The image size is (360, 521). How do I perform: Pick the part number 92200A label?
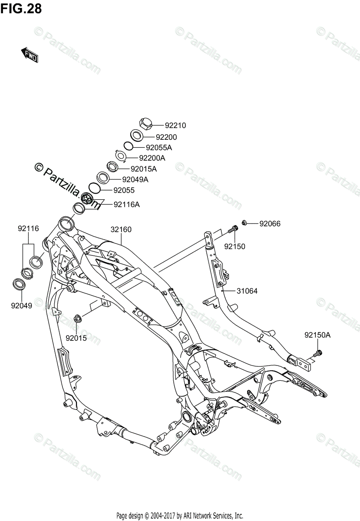152,158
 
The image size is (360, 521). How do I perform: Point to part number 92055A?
159,147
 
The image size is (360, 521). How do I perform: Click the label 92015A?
143,168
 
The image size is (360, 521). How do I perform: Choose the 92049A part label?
135,179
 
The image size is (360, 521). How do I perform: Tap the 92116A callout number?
126,204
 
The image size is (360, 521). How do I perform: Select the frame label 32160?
121,229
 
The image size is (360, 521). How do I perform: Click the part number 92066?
270,224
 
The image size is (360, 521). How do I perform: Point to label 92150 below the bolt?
234,247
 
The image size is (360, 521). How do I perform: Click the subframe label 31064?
247,291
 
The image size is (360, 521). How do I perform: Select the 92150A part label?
317,335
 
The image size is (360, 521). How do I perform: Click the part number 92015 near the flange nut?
76,337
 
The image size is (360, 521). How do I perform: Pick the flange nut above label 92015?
77,319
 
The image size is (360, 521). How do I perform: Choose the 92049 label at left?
22,305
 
